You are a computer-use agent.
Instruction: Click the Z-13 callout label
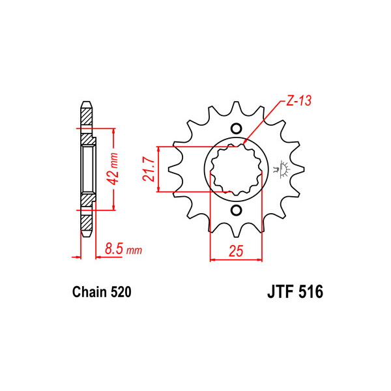click(x=298, y=101)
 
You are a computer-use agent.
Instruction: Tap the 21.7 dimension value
click(x=149, y=169)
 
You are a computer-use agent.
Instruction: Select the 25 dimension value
click(x=236, y=251)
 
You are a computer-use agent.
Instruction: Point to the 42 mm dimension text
click(x=114, y=169)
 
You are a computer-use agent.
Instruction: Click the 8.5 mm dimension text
click(x=123, y=249)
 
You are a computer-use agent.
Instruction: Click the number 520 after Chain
click(x=121, y=292)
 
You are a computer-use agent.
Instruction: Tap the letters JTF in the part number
click(x=280, y=291)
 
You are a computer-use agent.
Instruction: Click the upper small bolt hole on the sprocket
click(x=236, y=128)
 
